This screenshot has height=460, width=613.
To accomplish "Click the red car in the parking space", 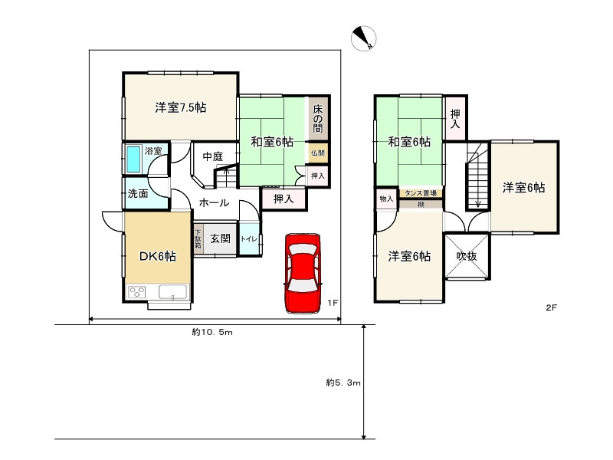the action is [303, 273].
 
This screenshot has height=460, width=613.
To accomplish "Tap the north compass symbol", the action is [363, 38].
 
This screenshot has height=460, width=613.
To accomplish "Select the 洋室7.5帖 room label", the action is [181, 107].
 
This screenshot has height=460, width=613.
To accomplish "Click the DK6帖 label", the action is [158, 256].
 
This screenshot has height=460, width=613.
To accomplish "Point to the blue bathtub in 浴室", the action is [134, 159].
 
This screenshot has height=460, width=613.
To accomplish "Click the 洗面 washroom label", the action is [138, 193].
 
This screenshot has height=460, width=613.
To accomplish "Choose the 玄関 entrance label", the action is [221, 238].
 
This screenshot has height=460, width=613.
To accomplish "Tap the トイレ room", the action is [250, 238].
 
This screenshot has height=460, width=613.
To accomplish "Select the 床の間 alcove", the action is [318, 119].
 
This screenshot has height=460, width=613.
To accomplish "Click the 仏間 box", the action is [318, 153].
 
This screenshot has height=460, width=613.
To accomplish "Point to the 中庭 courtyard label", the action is [213, 157].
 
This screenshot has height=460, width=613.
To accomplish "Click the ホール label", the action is [214, 202].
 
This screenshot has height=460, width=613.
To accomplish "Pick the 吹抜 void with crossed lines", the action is [467, 256].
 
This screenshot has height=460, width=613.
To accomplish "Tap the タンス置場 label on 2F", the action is [421, 193].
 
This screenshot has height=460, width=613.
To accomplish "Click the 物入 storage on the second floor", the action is [387, 199].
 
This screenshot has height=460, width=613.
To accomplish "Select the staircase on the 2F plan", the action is [477, 176].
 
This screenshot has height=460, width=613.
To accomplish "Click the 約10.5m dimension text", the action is [212, 332].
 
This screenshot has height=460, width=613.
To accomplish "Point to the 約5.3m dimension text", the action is [343, 382].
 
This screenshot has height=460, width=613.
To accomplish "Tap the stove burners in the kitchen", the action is [137, 292].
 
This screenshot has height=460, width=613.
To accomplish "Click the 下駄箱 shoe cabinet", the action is [198, 238].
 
